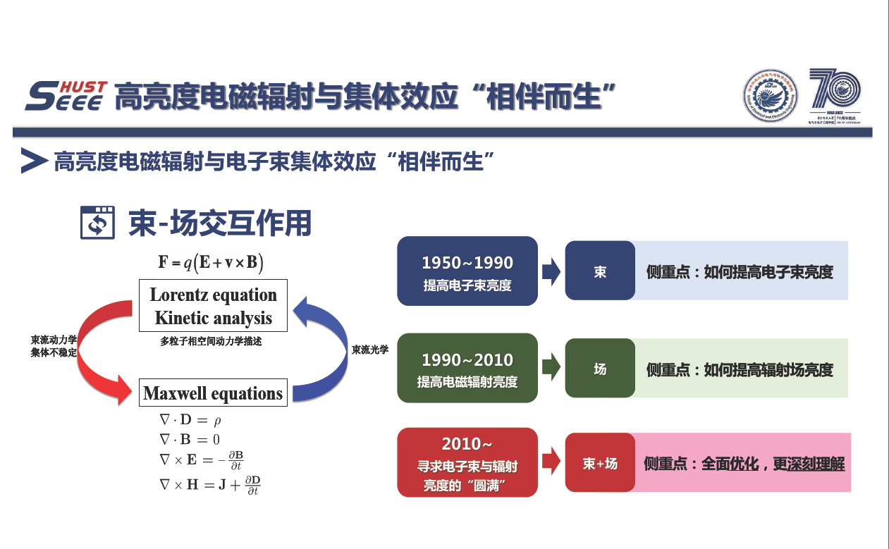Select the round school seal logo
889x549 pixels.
(x=770, y=96)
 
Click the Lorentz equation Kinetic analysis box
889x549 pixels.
(x=213, y=307)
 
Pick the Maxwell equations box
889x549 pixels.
(x=213, y=393)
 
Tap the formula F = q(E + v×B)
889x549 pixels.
(x=211, y=263)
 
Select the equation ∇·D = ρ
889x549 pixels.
(x=191, y=421)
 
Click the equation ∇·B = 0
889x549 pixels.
(x=190, y=440)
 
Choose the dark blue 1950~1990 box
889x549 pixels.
(x=467, y=271)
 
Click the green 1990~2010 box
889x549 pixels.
(x=467, y=369)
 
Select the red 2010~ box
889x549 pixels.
(x=467, y=462)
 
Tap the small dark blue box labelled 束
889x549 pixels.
(x=600, y=271)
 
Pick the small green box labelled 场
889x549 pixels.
(x=600, y=369)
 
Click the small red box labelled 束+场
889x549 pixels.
(x=600, y=463)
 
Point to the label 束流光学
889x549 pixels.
(x=370, y=350)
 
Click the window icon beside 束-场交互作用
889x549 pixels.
(x=97, y=223)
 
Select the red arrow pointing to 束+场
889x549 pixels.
(x=551, y=462)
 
